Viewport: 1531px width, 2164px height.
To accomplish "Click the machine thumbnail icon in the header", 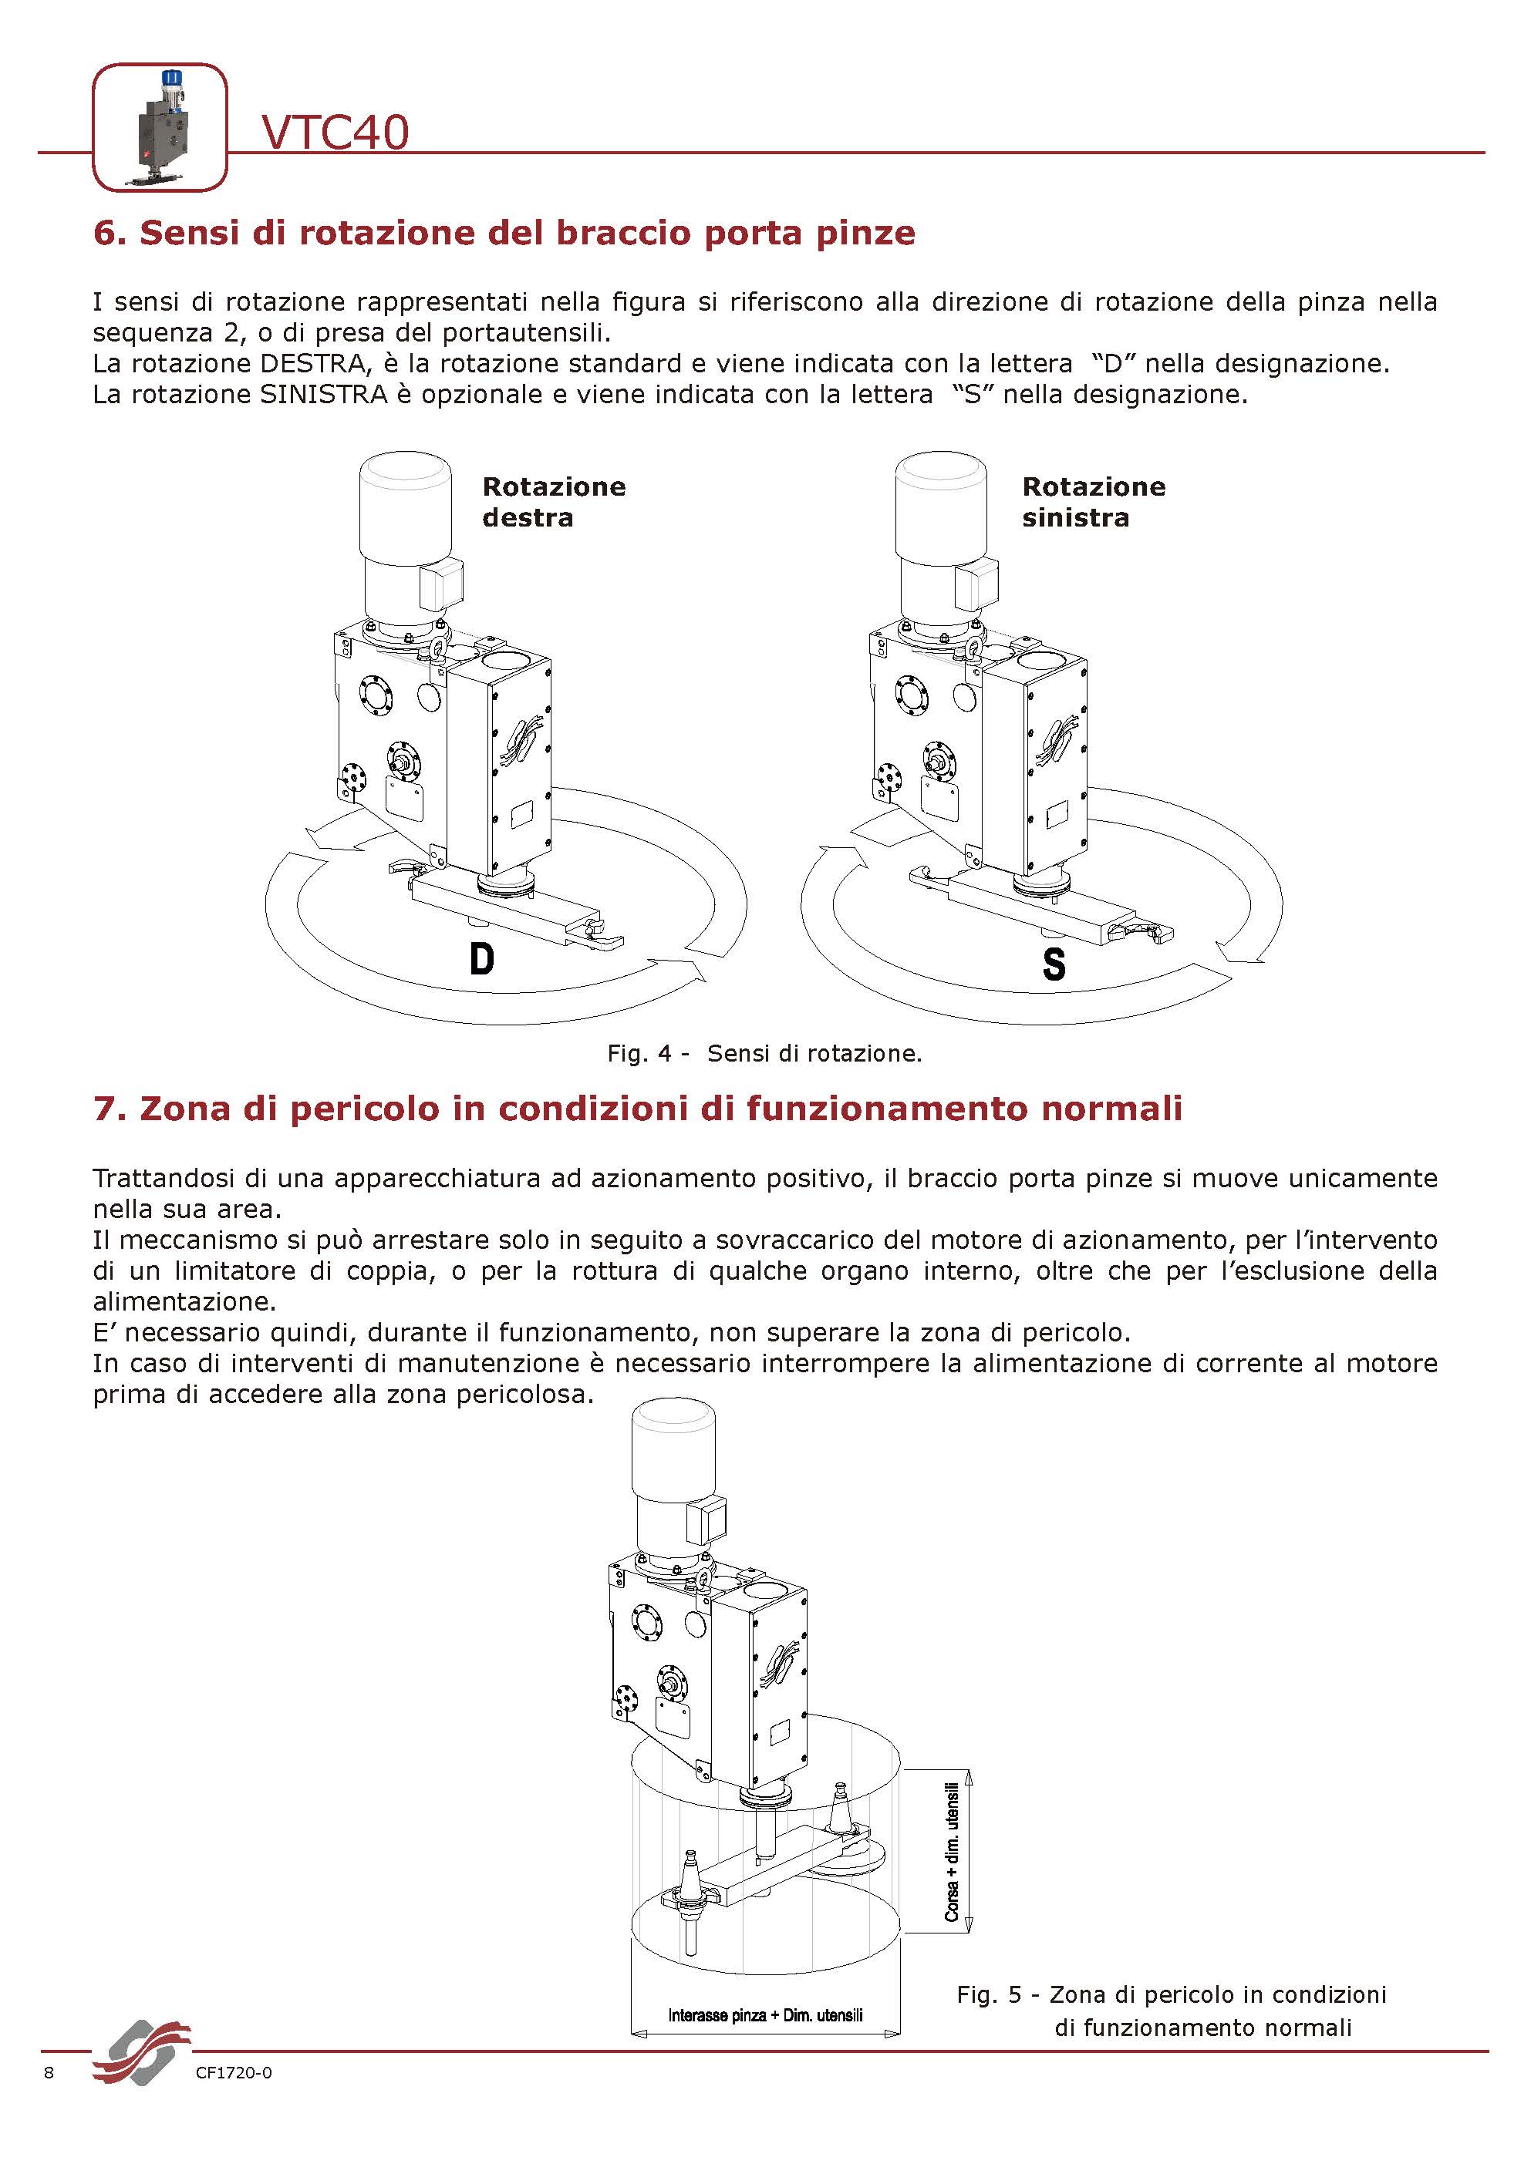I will pyautogui.click(x=160, y=127).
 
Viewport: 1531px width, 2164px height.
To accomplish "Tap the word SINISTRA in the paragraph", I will pyautogui.click(x=323, y=394).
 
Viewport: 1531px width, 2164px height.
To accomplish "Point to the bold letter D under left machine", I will pyautogui.click(x=482, y=960).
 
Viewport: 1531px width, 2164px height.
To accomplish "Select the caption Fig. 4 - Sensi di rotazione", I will pyautogui.click(x=764, y=1054).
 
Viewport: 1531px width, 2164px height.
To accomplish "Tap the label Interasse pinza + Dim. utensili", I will pyautogui.click(x=764, y=2015).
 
